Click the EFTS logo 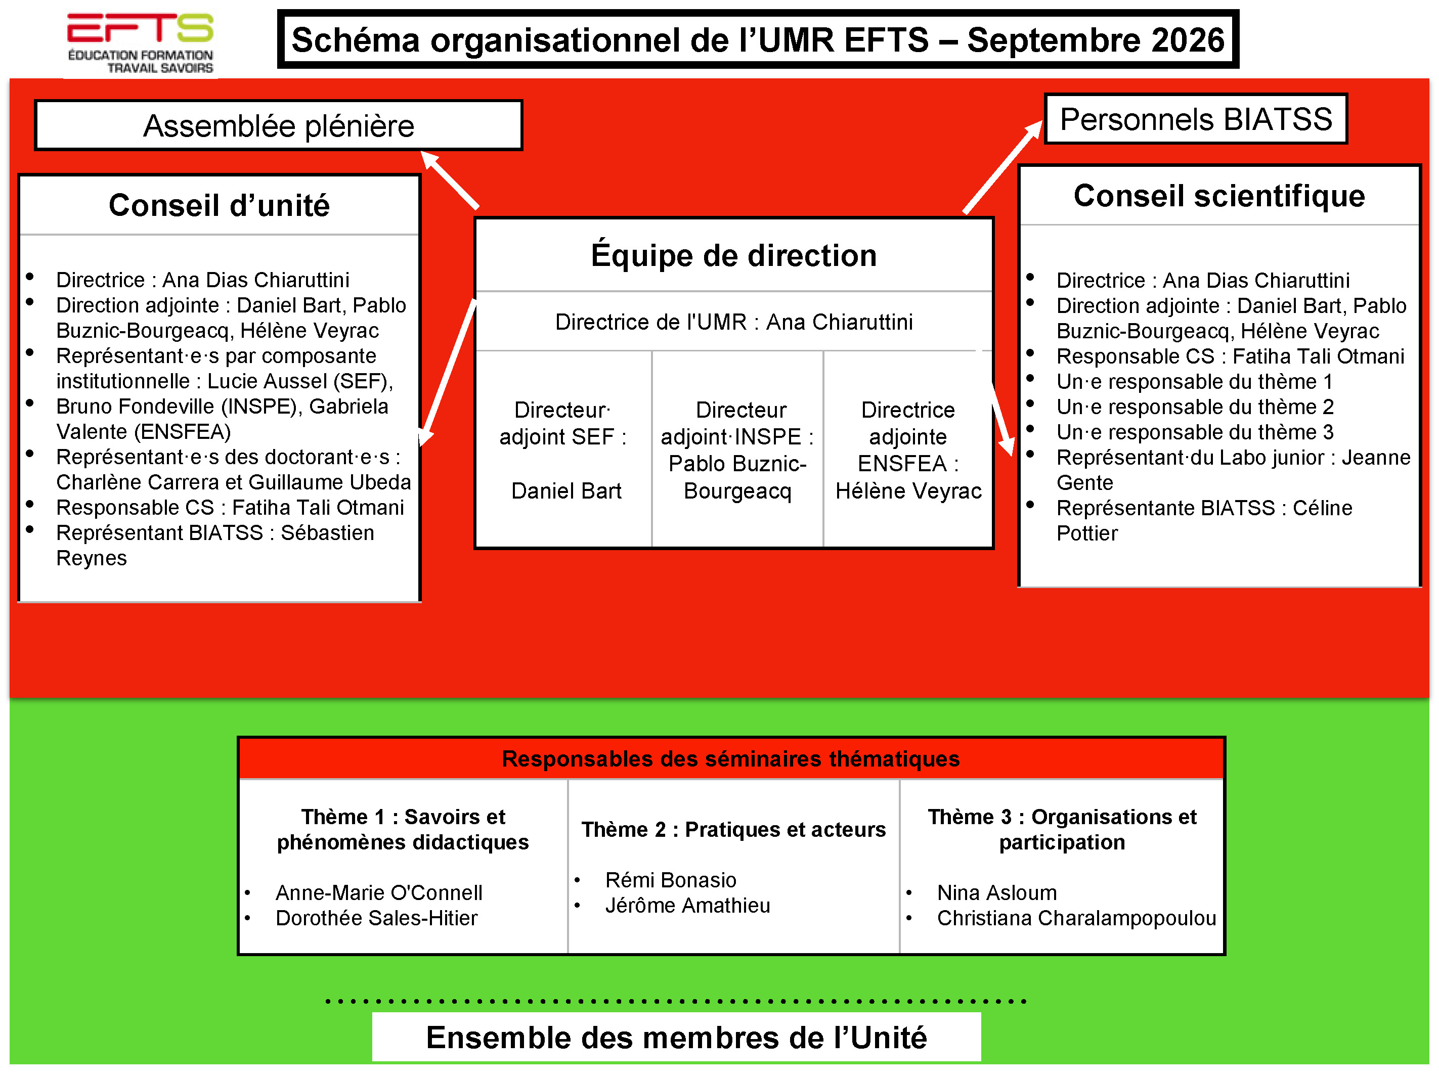(141, 43)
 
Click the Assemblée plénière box (278, 125)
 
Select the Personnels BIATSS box (1196, 119)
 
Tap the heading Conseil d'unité (219, 205)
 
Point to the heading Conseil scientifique (1219, 196)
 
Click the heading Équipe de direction (734, 254)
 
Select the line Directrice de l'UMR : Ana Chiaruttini (734, 322)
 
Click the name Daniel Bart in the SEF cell (566, 490)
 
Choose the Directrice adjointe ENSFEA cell (908, 449)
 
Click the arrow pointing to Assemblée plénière (450, 179)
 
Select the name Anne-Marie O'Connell (379, 892)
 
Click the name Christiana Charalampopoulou (1077, 918)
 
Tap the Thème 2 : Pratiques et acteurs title (734, 829)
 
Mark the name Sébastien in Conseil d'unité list (327, 532)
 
